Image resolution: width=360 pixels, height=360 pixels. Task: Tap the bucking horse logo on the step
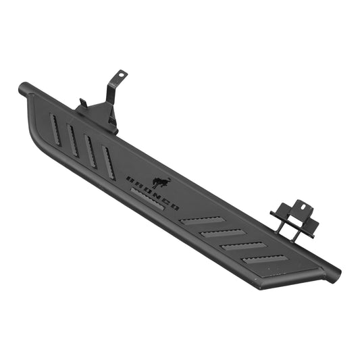pyautogui.click(x=161, y=182)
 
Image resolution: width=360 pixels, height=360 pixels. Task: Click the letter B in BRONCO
pyautogui.click(x=130, y=178)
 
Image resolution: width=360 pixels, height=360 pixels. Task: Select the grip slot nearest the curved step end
pyautogui.click(x=56, y=129)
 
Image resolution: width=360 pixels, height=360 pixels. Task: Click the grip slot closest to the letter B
pyautogui.click(x=108, y=162)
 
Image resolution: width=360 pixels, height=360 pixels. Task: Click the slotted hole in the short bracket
pyautogui.click(x=303, y=206)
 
